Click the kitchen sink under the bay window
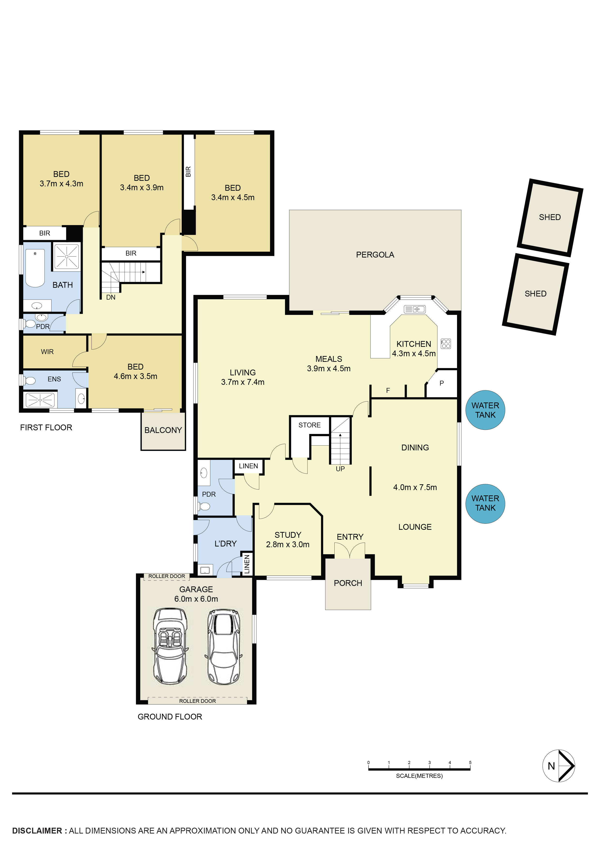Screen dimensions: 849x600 click(414, 309)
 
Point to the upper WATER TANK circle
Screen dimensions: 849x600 click(485, 410)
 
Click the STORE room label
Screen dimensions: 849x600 click(309, 425)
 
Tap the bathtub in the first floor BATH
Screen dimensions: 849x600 click(35, 268)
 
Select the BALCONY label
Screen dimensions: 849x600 click(163, 430)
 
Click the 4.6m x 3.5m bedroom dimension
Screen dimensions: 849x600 click(135, 376)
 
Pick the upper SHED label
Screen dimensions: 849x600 click(549, 217)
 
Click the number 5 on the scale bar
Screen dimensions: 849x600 click(470, 762)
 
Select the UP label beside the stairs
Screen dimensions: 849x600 click(340, 469)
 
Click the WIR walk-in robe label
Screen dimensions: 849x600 click(47, 352)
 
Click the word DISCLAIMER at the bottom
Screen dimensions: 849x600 click(37, 831)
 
